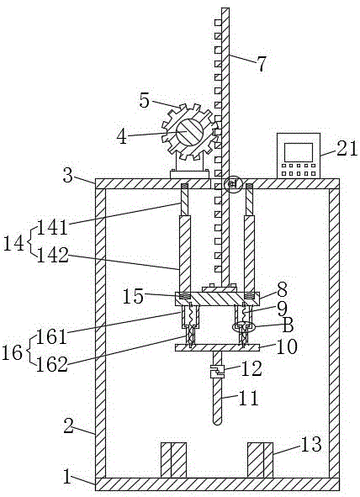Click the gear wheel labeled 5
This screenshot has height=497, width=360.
pyautogui.click(x=189, y=131)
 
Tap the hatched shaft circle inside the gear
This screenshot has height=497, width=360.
pyautogui.click(x=189, y=132)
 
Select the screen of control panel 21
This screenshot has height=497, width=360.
pyautogui.click(x=299, y=152)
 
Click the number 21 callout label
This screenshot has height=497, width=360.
pyautogui.click(x=347, y=148)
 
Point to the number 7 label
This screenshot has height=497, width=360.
pyautogui.click(x=261, y=64)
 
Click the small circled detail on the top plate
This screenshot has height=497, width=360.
pyautogui.click(x=233, y=184)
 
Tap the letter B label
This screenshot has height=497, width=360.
pyautogui.click(x=288, y=325)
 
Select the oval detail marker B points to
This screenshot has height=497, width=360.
pyautogui.click(x=243, y=326)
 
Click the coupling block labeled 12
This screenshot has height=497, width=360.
pyautogui.click(x=217, y=371)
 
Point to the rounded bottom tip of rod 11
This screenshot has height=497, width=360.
pyautogui.click(x=217, y=421)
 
